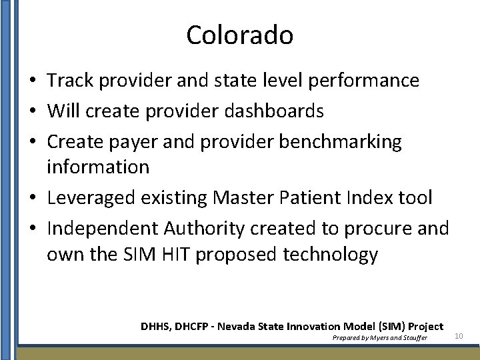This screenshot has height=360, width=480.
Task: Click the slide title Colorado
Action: point(239,35)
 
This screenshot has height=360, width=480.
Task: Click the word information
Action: point(97,166)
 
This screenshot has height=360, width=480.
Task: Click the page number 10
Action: point(458,335)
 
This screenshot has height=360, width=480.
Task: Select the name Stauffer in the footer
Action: point(413,338)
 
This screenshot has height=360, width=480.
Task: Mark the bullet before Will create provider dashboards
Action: point(32,111)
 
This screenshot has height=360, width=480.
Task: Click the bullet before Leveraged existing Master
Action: point(32,198)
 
